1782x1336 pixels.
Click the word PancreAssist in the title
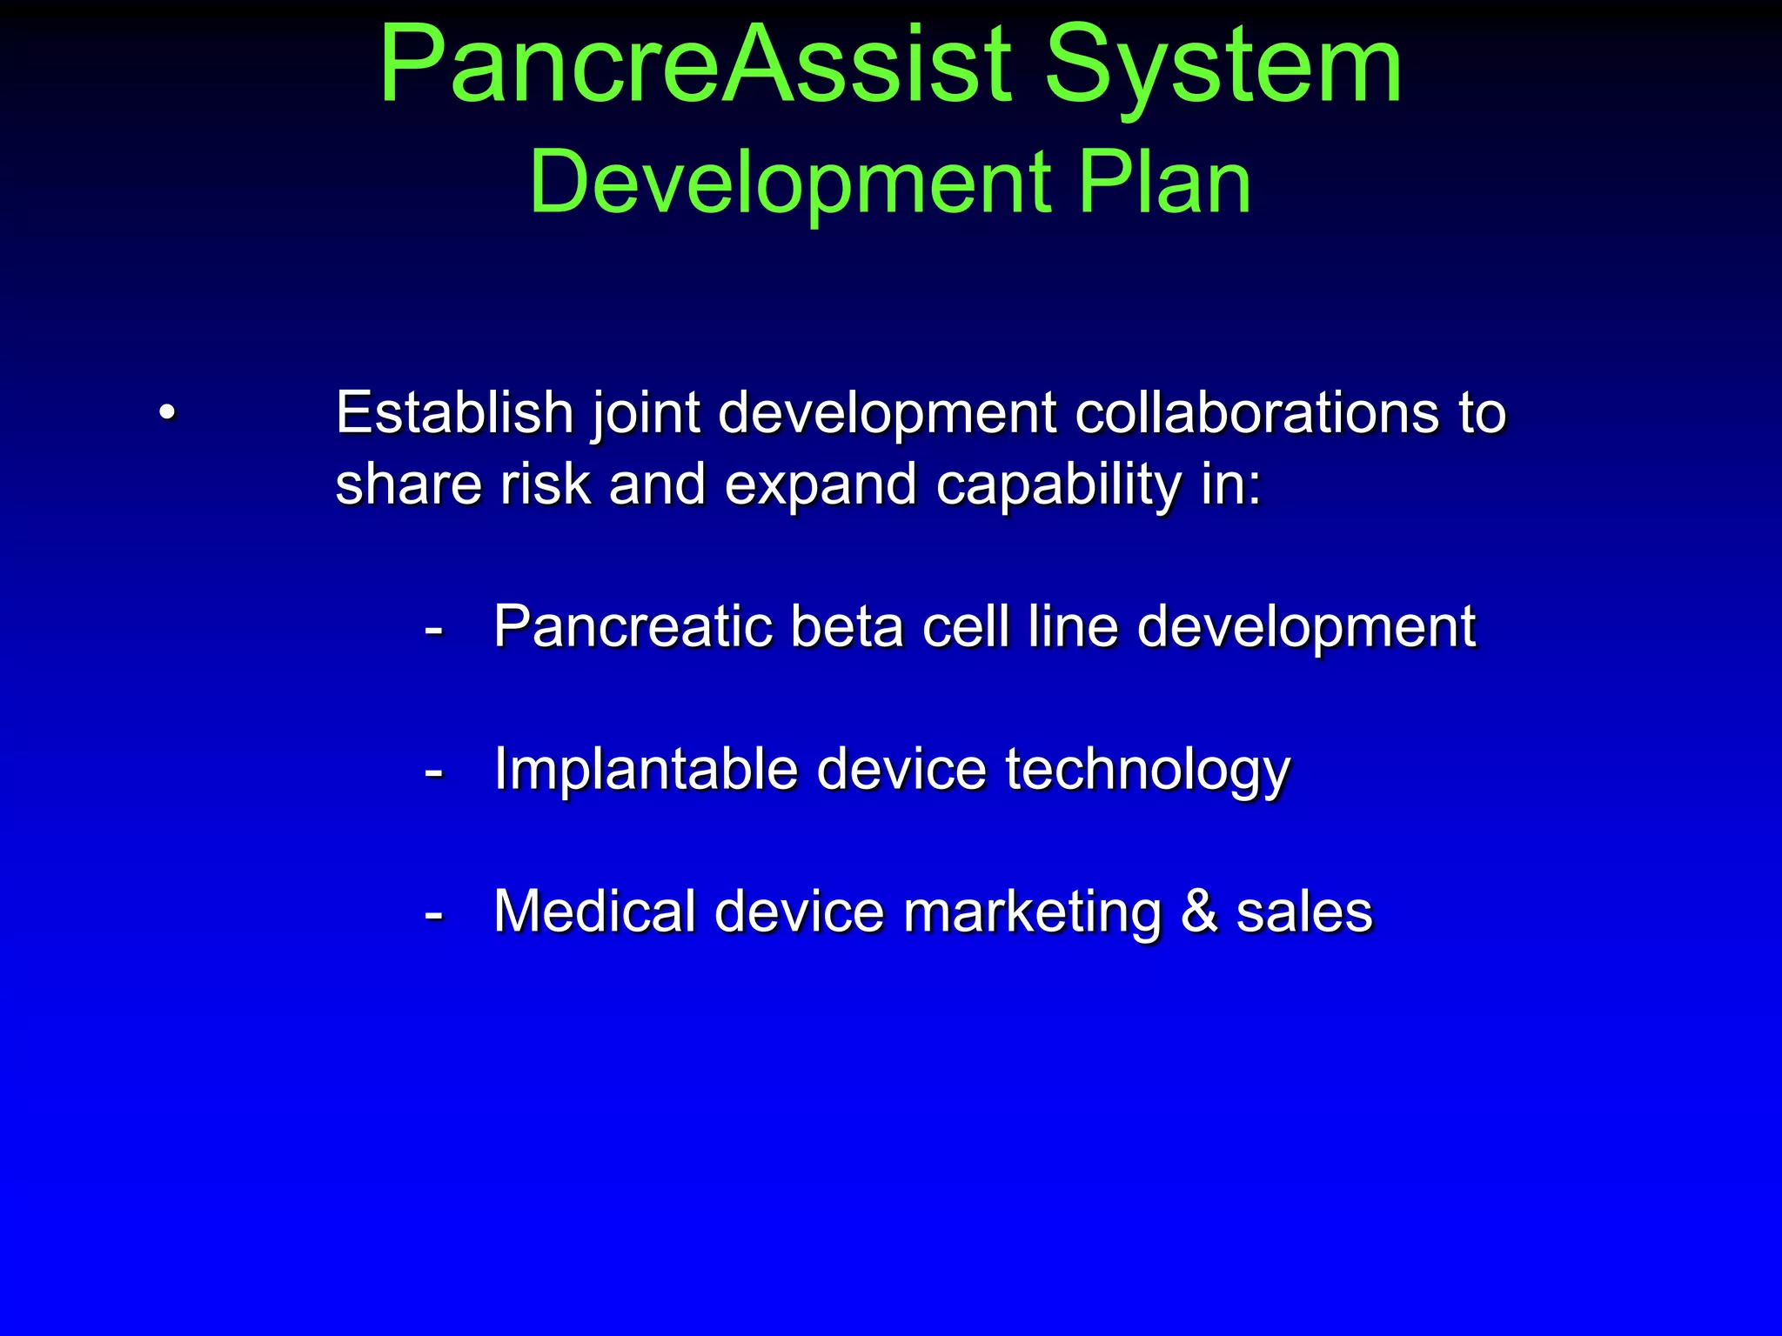tap(697, 66)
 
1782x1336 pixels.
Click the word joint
tap(646, 413)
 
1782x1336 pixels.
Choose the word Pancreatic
tap(633, 626)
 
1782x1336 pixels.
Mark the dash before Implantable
tap(433, 772)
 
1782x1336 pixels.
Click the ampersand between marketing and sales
tap(1200, 912)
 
